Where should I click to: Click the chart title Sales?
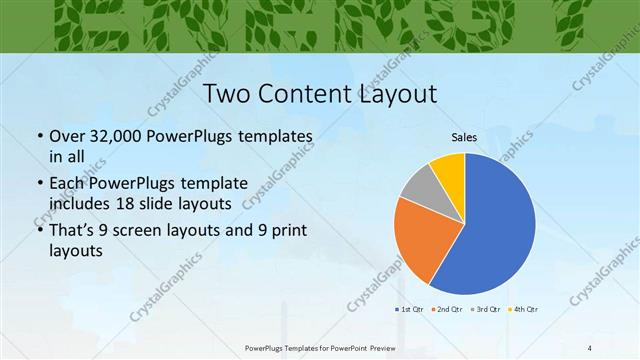click(464, 136)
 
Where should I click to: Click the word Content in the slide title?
click(307, 95)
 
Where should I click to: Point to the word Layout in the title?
click(394, 95)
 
